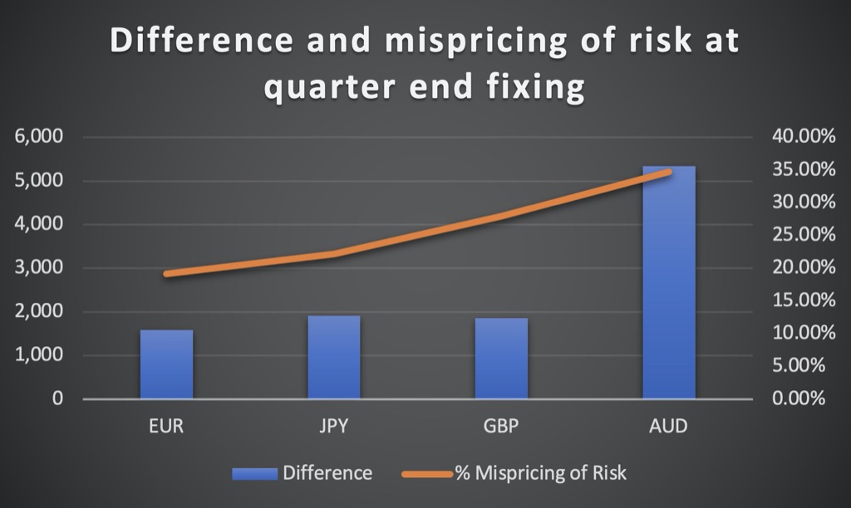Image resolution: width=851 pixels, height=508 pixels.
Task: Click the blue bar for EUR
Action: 166,364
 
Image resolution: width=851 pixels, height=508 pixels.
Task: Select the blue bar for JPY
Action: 334,357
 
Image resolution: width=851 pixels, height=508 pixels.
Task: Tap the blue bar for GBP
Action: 501,358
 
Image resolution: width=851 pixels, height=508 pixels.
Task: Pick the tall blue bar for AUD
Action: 669,282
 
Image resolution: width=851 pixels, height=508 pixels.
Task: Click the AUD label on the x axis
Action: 668,426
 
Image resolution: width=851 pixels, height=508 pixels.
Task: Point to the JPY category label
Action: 333,426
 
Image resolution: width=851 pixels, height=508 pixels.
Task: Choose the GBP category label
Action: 501,426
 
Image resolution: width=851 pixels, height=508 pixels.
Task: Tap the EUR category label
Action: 166,426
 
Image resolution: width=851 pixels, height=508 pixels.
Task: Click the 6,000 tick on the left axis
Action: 39,136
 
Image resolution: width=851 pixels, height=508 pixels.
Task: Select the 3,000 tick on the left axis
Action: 39,267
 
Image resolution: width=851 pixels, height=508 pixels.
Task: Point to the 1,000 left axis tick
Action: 39,354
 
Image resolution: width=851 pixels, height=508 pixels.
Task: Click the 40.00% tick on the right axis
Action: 804,136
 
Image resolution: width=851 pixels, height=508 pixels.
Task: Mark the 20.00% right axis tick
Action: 804,266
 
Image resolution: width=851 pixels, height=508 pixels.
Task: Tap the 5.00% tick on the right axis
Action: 799,365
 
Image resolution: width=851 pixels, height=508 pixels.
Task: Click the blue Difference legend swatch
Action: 254,473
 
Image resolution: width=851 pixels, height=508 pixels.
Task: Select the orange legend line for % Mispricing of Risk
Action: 427,474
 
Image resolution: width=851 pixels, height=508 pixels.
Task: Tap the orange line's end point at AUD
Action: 669,172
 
